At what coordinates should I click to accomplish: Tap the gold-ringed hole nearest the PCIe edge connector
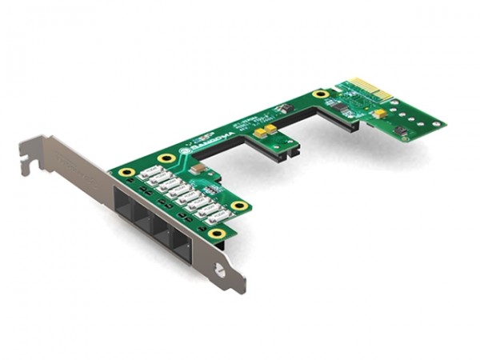pos(321,94)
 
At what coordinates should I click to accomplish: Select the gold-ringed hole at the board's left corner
pos(126,172)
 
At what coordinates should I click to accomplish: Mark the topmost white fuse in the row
pos(149,173)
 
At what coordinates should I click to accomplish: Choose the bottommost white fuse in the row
pos(217,217)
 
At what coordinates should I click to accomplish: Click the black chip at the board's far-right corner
pos(401,130)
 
